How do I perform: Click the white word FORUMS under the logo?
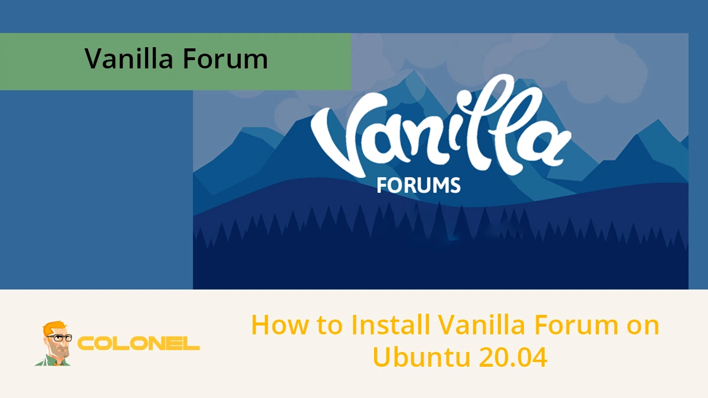(418, 185)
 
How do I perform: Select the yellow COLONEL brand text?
(139, 344)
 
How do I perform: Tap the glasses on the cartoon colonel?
(59, 338)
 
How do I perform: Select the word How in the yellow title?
(275, 325)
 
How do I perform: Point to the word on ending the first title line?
(643, 325)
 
